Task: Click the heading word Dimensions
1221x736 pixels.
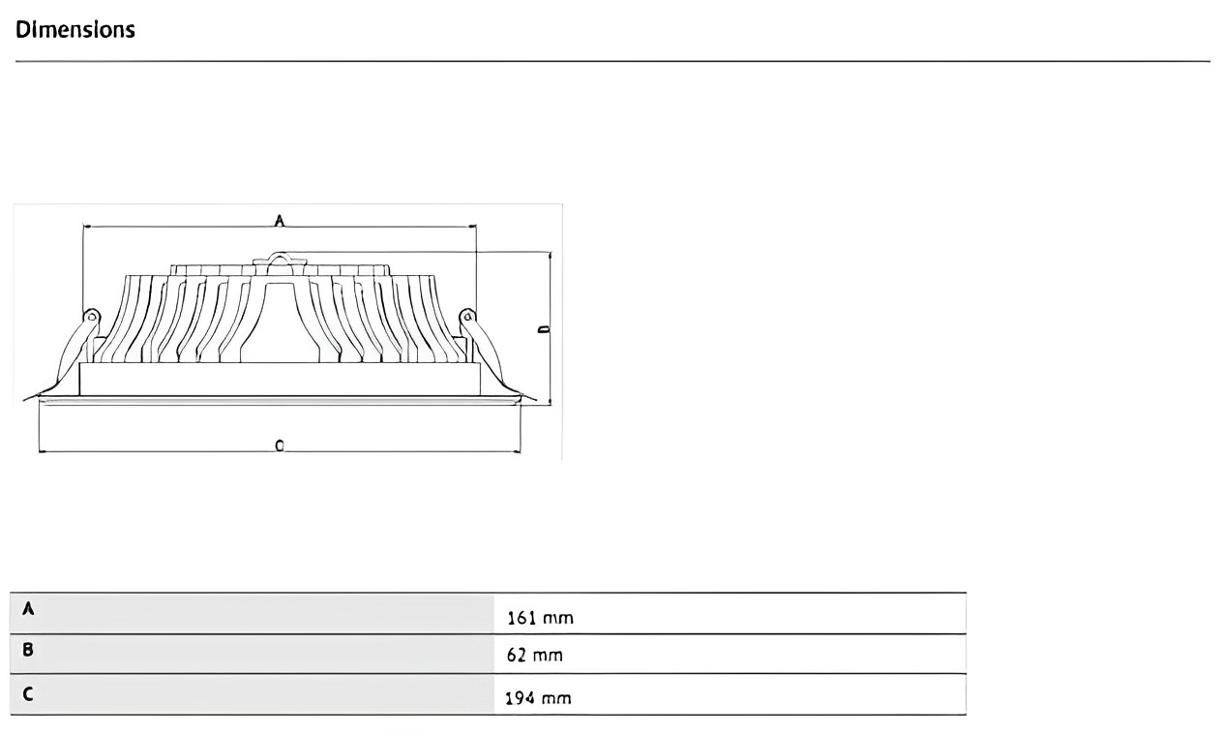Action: (74, 29)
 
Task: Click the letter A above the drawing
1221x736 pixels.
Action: (279, 221)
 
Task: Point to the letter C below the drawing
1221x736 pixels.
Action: (280, 445)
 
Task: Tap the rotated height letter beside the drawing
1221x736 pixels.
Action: (544, 329)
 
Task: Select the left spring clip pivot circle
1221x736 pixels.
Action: (92, 316)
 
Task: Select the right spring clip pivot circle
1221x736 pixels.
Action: (466, 316)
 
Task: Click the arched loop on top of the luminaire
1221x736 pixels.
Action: (279, 260)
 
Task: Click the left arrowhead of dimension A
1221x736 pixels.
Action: (86, 228)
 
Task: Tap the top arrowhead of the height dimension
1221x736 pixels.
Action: (550, 256)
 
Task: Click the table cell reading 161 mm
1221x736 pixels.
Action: (540, 618)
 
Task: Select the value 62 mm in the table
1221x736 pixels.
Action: (534, 656)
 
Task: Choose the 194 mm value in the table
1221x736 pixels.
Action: (538, 697)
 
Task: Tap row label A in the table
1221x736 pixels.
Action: (28, 609)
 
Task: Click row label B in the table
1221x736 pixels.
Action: (28, 650)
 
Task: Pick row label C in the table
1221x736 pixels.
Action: (28, 692)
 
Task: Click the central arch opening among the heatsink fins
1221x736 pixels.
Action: (279, 320)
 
